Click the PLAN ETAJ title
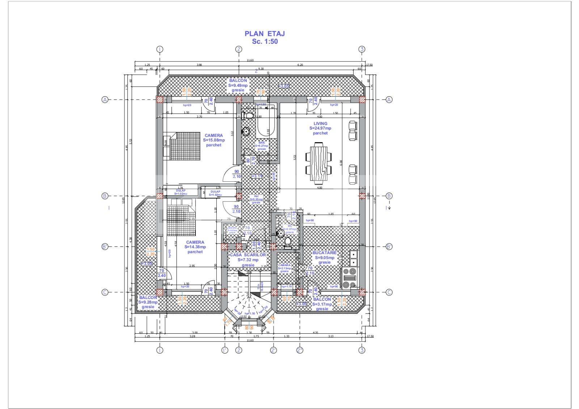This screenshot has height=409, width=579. [x=265, y=34]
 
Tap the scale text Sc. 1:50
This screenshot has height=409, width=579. [x=265, y=42]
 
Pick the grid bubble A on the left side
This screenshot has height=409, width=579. [x=105, y=100]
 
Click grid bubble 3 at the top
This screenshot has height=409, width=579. [x=362, y=49]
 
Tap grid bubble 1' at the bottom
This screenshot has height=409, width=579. [x=225, y=350]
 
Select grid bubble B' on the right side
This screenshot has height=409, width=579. [x=389, y=247]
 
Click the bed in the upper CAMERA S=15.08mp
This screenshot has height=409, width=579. [x=184, y=146]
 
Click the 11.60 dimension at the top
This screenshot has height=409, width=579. [x=250, y=60]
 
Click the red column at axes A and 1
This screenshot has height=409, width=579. [x=160, y=100]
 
